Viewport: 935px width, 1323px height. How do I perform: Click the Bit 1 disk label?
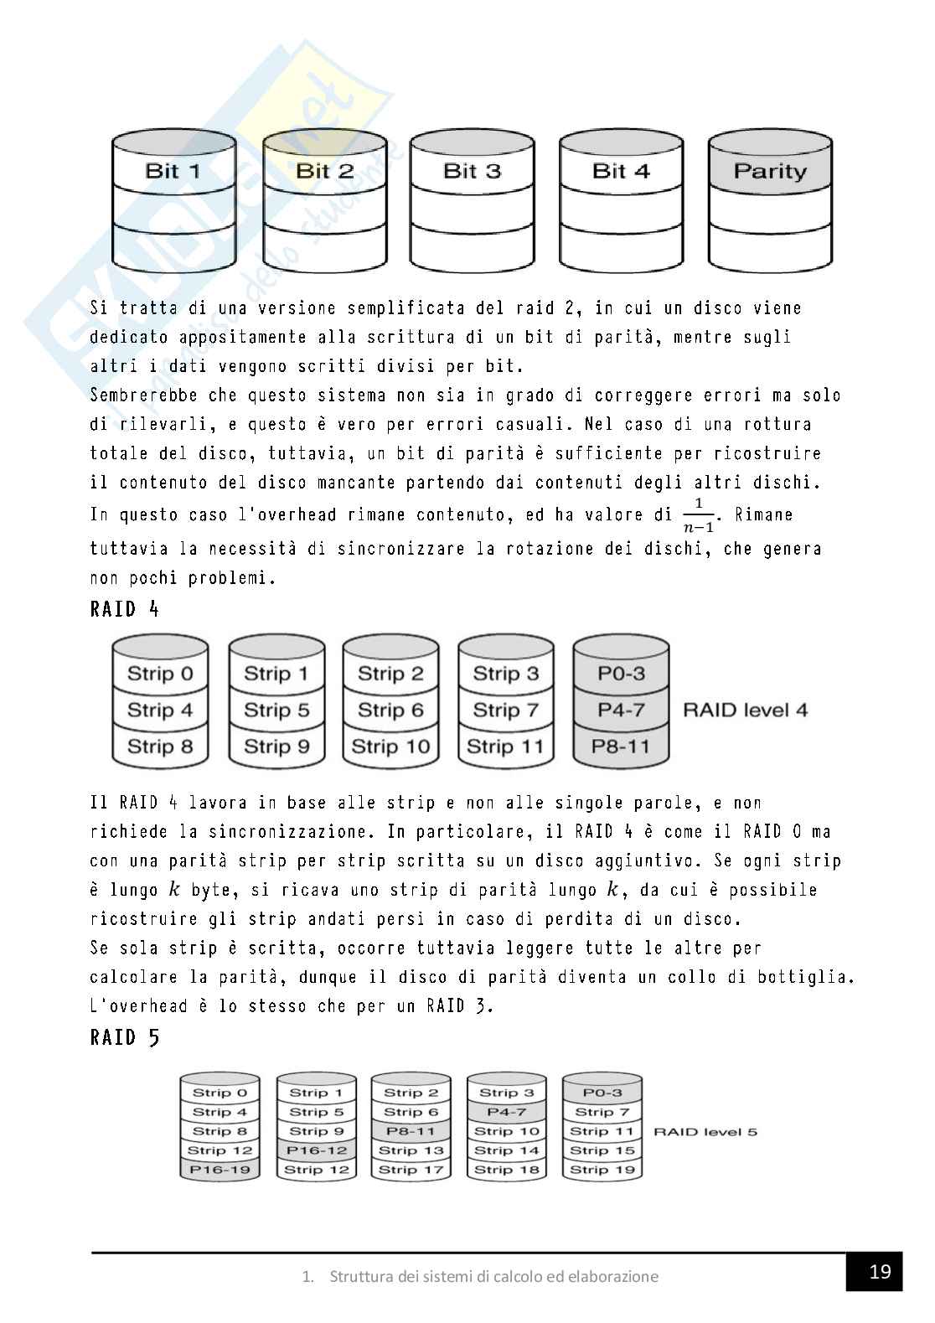[173, 171]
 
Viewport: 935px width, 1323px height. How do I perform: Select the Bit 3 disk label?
[472, 171]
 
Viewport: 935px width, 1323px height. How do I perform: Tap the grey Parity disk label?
[770, 171]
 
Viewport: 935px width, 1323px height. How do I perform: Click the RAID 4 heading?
[124, 609]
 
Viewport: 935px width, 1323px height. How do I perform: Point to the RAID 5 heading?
[124, 1038]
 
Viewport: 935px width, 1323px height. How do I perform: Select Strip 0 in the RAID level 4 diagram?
[159, 674]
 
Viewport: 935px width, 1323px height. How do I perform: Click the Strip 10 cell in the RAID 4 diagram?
[390, 747]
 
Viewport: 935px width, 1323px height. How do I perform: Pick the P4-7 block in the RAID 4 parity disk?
[621, 710]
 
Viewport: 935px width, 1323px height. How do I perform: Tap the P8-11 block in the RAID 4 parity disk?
[621, 747]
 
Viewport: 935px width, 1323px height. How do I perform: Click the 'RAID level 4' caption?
[746, 711]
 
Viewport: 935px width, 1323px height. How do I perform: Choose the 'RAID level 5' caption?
[705, 1132]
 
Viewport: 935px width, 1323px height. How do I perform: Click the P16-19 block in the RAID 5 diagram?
[220, 1170]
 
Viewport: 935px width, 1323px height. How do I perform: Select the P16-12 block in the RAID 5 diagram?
[316, 1150]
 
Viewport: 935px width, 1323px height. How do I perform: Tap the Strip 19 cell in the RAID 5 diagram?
[602, 1170]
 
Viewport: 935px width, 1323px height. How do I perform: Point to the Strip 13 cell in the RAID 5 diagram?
[411, 1150]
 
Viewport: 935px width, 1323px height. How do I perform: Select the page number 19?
[880, 1273]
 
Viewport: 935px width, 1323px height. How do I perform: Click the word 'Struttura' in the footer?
[360, 1277]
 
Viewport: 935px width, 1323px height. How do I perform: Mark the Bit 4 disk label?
[621, 171]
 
